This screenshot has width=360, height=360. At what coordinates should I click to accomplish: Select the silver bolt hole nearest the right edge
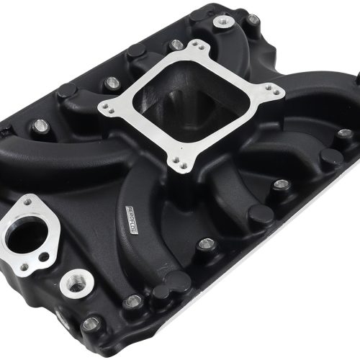(344, 133)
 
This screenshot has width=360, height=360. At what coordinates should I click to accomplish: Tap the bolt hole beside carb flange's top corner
(176, 45)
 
